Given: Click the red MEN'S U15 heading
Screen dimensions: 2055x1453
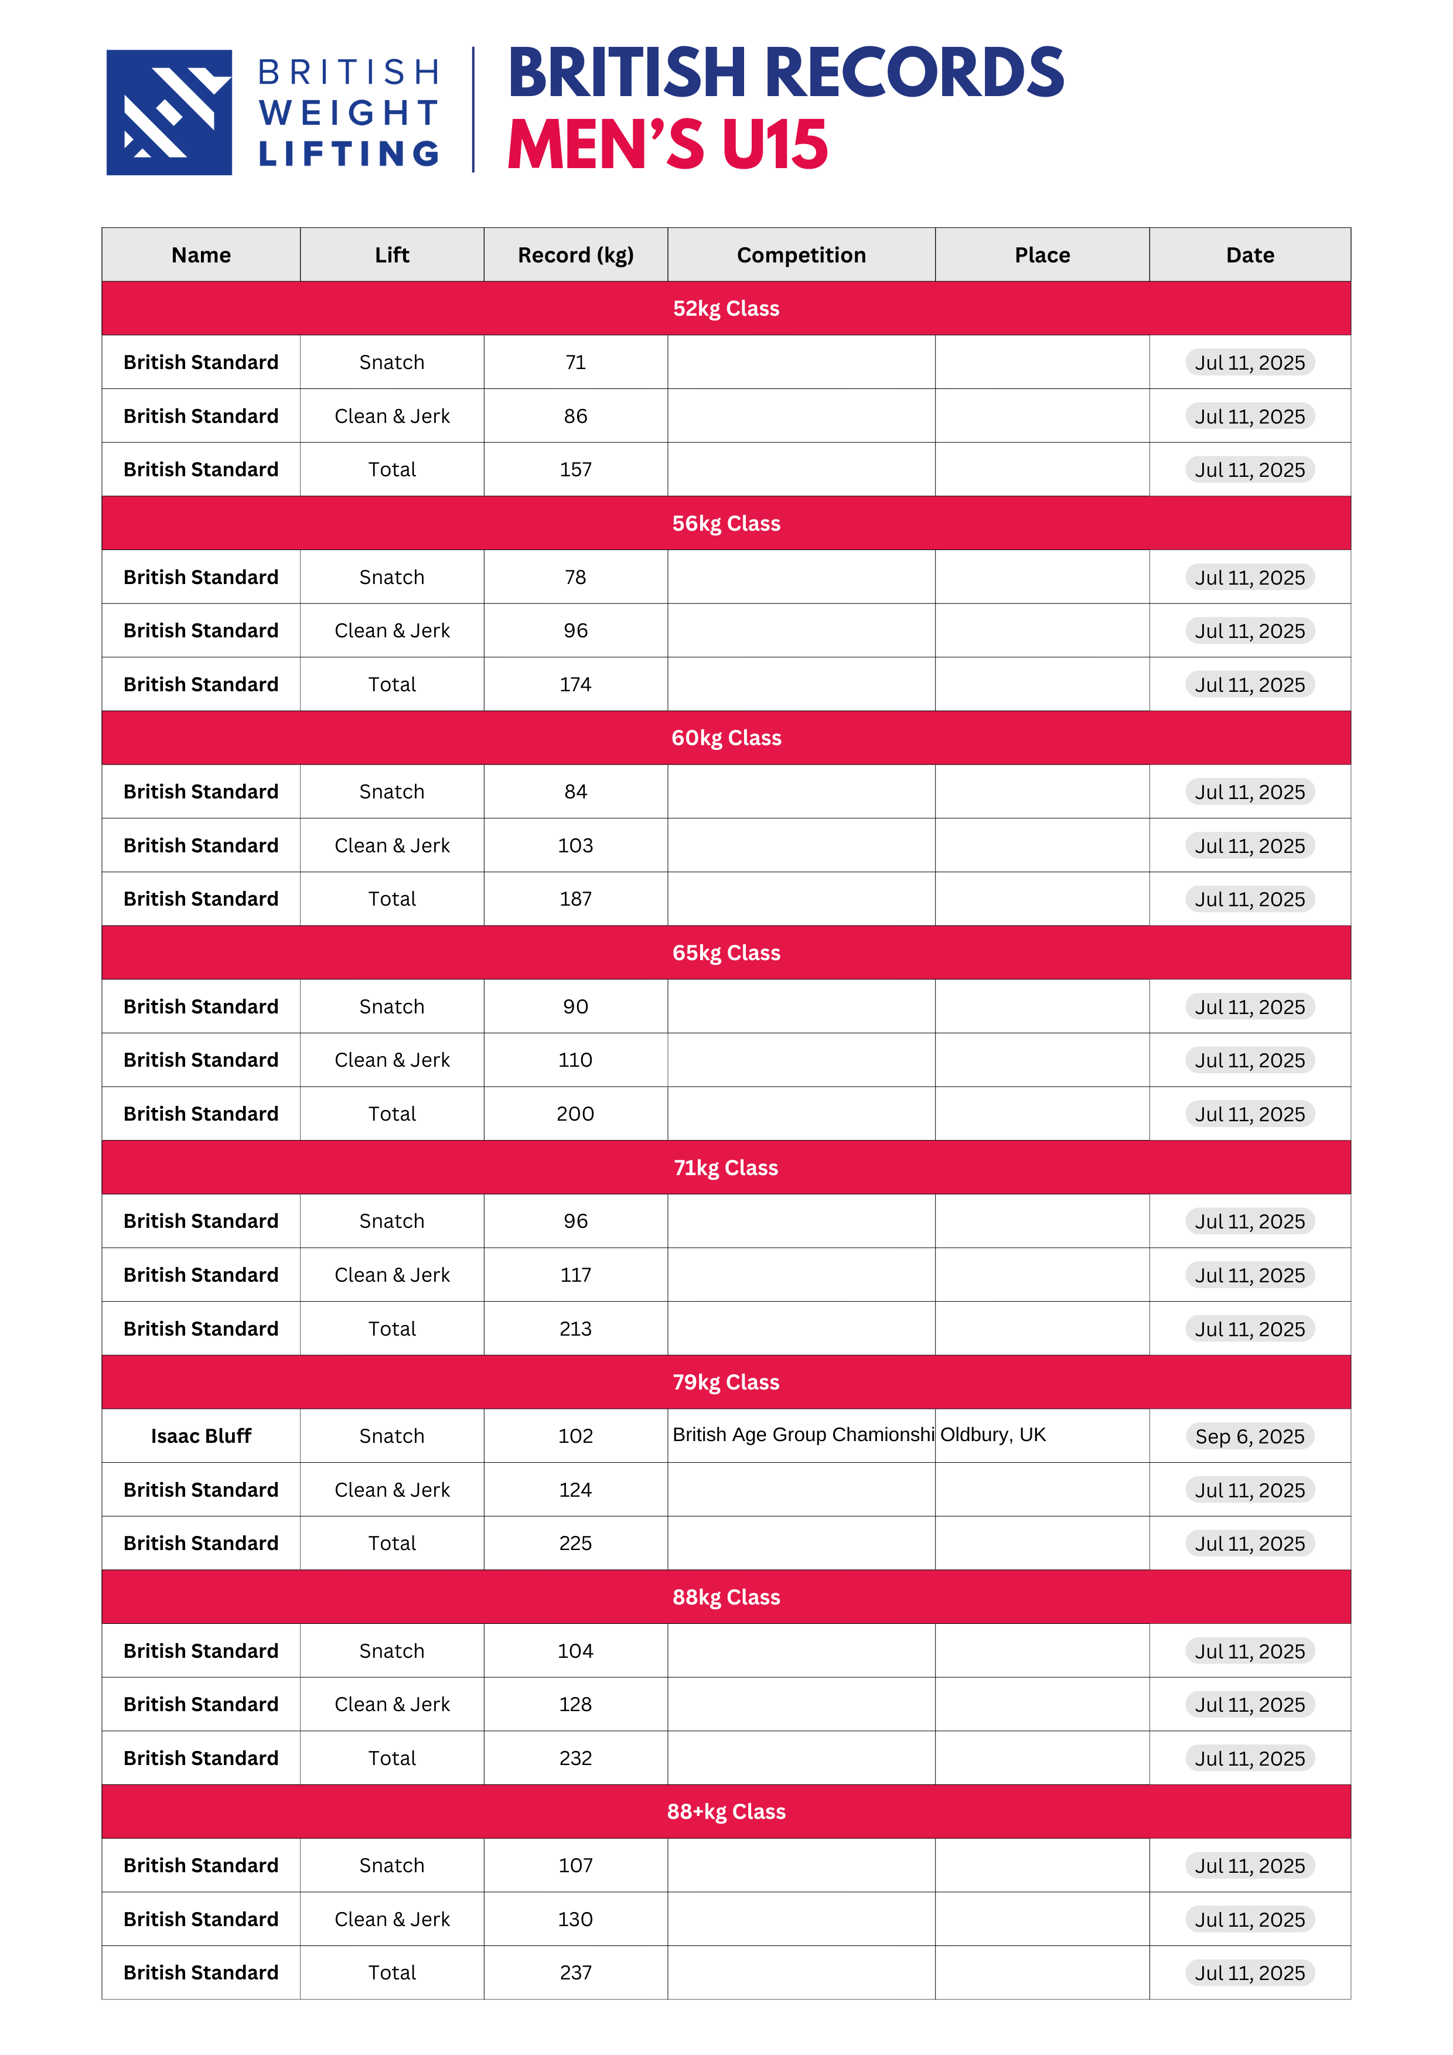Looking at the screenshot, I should [667, 145].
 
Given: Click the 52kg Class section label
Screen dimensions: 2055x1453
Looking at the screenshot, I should [725, 309].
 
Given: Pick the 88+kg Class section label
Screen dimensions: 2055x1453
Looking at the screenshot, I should [725, 1811].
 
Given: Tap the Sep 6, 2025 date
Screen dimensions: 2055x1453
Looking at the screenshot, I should [1249, 1436].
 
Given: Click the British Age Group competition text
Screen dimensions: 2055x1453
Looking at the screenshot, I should [802, 1435].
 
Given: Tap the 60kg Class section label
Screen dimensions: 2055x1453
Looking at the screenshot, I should [725, 738].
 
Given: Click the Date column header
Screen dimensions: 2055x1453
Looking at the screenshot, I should [1249, 255].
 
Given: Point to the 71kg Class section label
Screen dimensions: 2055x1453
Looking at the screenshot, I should [725, 1167].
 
